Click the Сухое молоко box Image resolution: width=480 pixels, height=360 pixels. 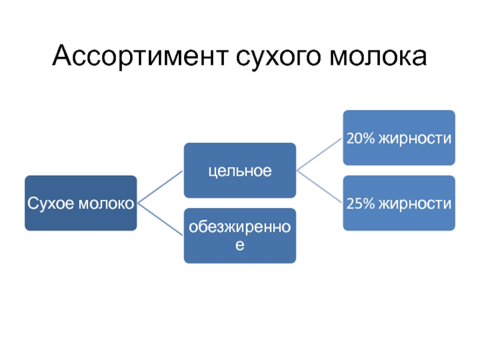80,203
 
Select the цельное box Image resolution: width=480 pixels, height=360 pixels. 239,170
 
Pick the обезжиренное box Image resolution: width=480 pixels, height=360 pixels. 239,235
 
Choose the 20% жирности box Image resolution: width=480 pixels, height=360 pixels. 398,137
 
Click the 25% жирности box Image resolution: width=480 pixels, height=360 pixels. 398,203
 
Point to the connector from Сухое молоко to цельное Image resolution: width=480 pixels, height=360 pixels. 160,187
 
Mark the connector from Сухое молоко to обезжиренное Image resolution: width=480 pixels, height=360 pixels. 160,219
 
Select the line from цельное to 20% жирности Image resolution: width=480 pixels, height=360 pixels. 319,154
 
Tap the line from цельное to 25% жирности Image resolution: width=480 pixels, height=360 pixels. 319,187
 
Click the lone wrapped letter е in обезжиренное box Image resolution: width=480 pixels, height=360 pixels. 239,245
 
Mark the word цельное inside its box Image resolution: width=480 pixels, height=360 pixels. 239,172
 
